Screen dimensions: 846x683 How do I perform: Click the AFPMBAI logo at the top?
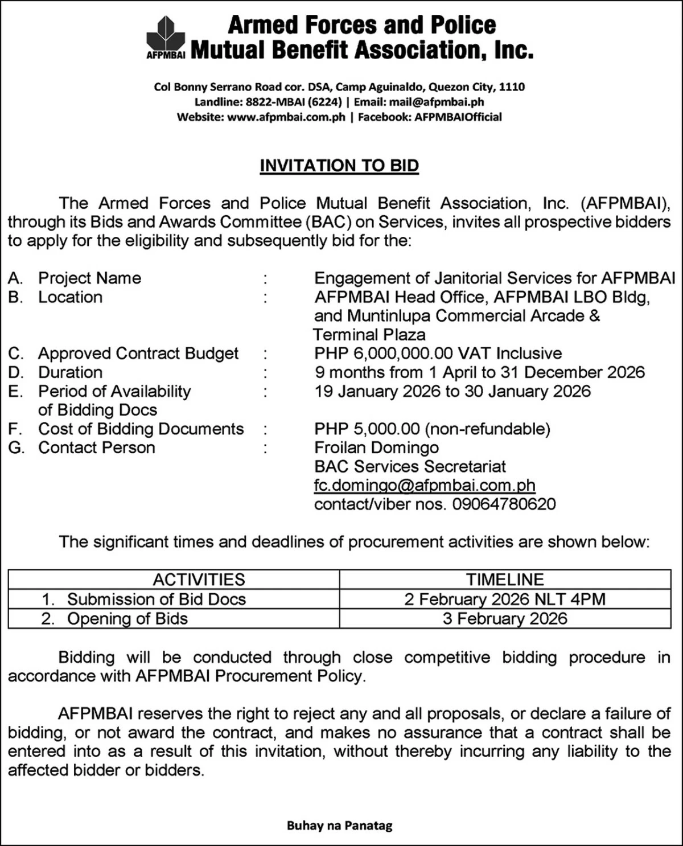(166, 36)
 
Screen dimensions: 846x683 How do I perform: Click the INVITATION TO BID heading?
(339, 166)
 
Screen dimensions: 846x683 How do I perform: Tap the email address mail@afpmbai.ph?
(437, 102)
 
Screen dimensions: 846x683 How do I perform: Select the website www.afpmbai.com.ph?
(286, 117)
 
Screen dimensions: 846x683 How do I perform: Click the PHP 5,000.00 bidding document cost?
(367, 429)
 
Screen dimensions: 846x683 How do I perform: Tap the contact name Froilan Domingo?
(376, 447)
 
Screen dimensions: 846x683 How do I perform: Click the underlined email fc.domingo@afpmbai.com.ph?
(425, 485)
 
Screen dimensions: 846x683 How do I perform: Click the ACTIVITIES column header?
(199, 580)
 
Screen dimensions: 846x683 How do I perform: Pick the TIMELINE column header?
(505, 580)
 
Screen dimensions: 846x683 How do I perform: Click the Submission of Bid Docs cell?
(156, 599)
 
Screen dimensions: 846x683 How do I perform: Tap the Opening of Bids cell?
(127, 618)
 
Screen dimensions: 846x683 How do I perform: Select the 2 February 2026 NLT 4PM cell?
(505, 599)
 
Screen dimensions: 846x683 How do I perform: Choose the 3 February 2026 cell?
(505, 618)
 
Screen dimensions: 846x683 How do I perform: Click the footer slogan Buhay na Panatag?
(340, 826)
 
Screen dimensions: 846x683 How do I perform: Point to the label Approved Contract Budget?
(138, 354)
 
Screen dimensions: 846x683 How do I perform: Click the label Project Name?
(89, 278)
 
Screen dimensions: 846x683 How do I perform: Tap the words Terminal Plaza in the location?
(369, 335)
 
